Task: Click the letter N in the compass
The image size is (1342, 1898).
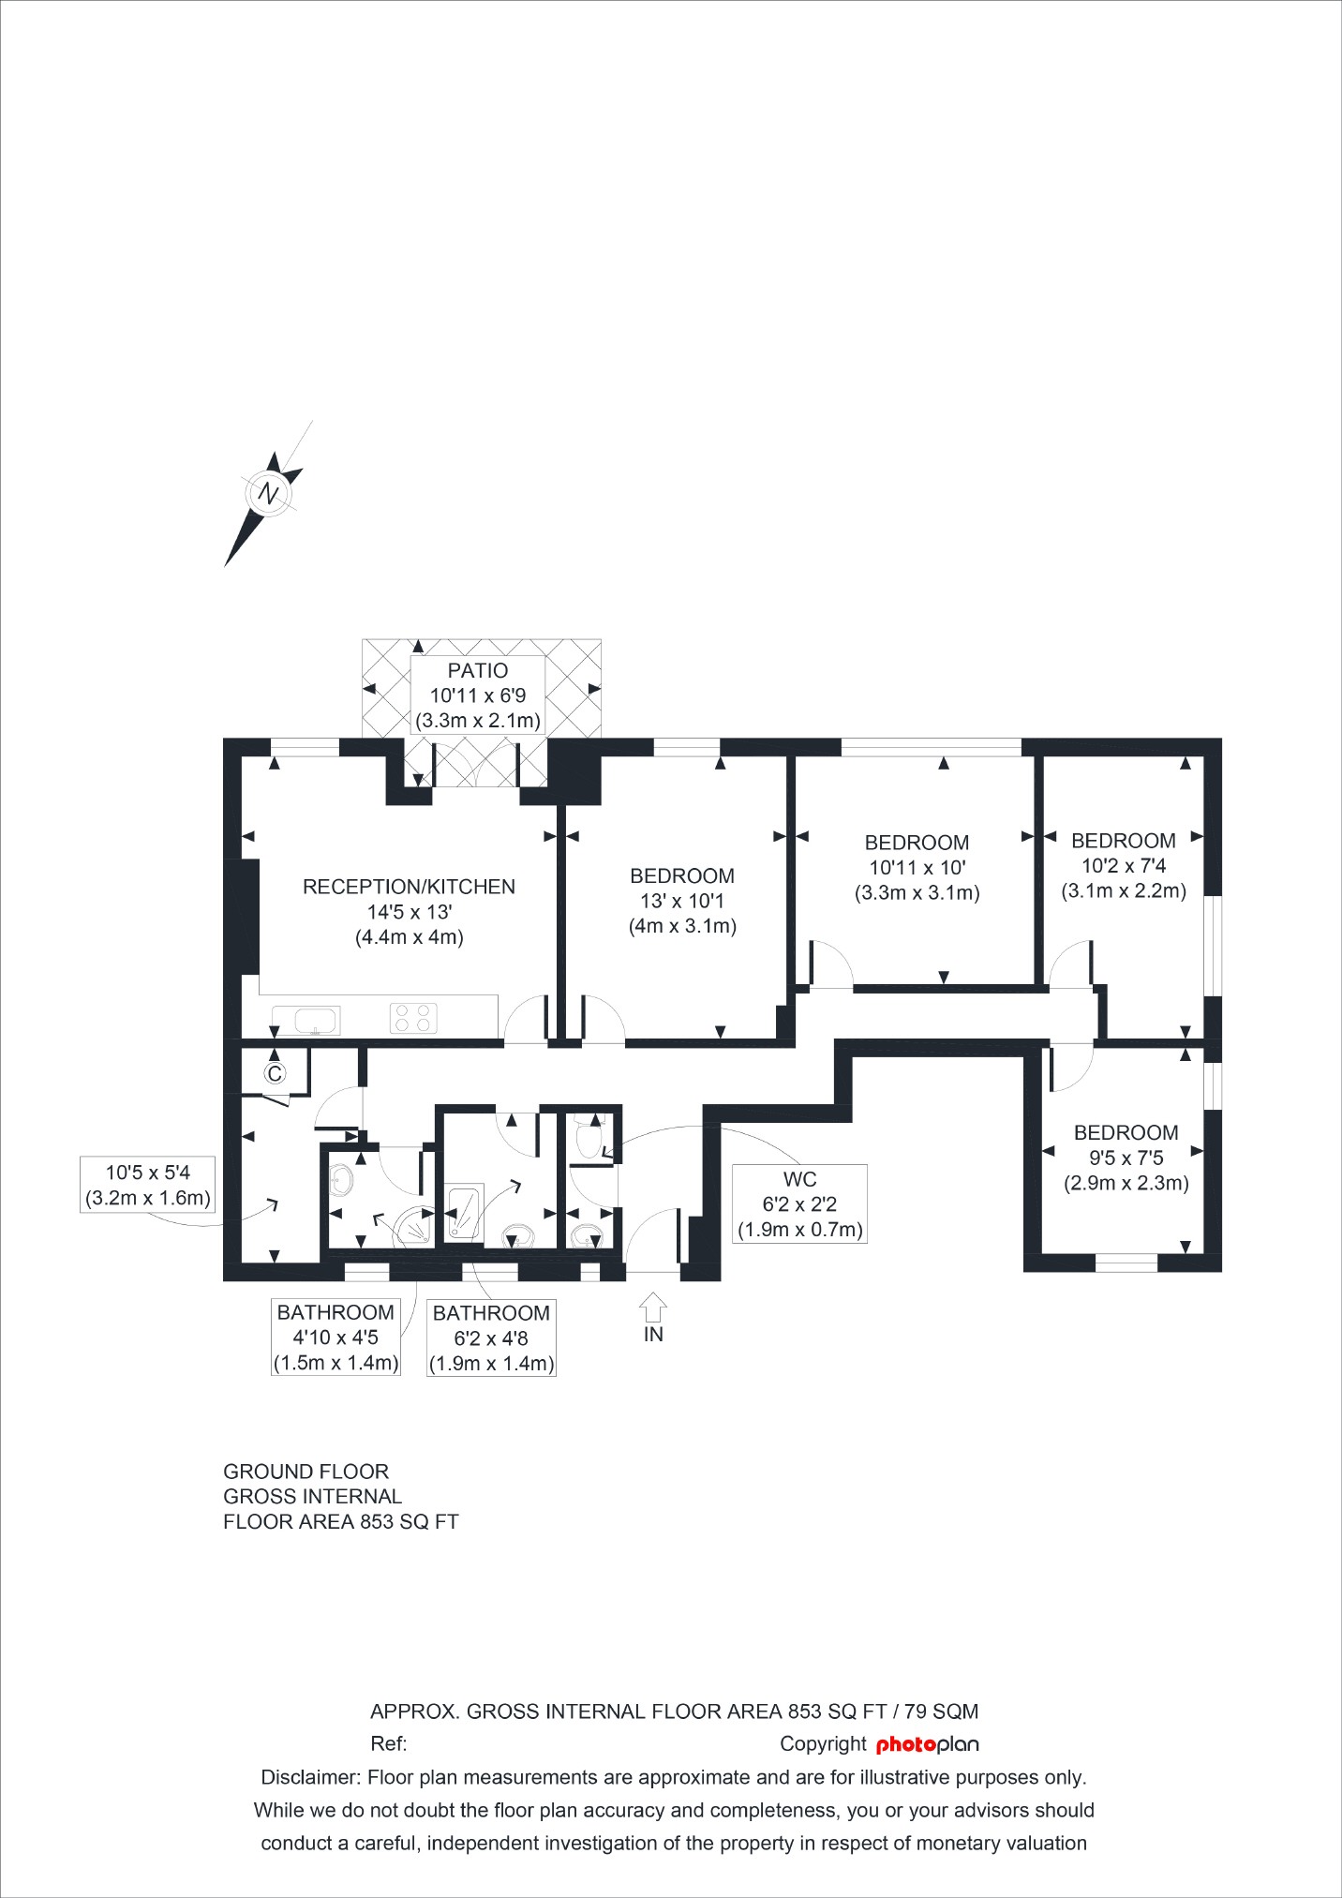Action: tap(269, 494)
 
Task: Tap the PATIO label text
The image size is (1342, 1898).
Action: tap(478, 671)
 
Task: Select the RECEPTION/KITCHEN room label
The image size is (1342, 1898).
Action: tap(409, 887)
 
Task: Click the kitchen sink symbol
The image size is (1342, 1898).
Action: tap(306, 1020)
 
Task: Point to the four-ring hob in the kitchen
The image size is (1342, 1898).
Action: tap(413, 1018)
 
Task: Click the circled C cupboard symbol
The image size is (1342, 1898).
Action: tap(274, 1073)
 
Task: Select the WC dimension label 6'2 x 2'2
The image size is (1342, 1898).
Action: tap(799, 1204)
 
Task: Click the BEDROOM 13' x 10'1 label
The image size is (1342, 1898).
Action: tap(682, 901)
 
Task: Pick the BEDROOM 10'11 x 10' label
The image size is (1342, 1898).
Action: tap(917, 867)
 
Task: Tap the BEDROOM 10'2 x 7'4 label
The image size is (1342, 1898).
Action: tap(1124, 865)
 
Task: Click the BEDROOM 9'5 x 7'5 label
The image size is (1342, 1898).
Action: tap(1126, 1158)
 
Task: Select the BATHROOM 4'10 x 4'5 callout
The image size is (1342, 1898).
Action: tap(335, 1338)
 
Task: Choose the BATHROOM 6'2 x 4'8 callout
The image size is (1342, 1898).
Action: tap(491, 1338)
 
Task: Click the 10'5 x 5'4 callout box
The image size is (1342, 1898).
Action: tap(147, 1185)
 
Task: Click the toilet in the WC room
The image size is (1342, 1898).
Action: tap(589, 1139)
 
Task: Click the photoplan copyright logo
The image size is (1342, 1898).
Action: tap(927, 1744)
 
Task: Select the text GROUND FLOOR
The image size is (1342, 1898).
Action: tap(306, 1472)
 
